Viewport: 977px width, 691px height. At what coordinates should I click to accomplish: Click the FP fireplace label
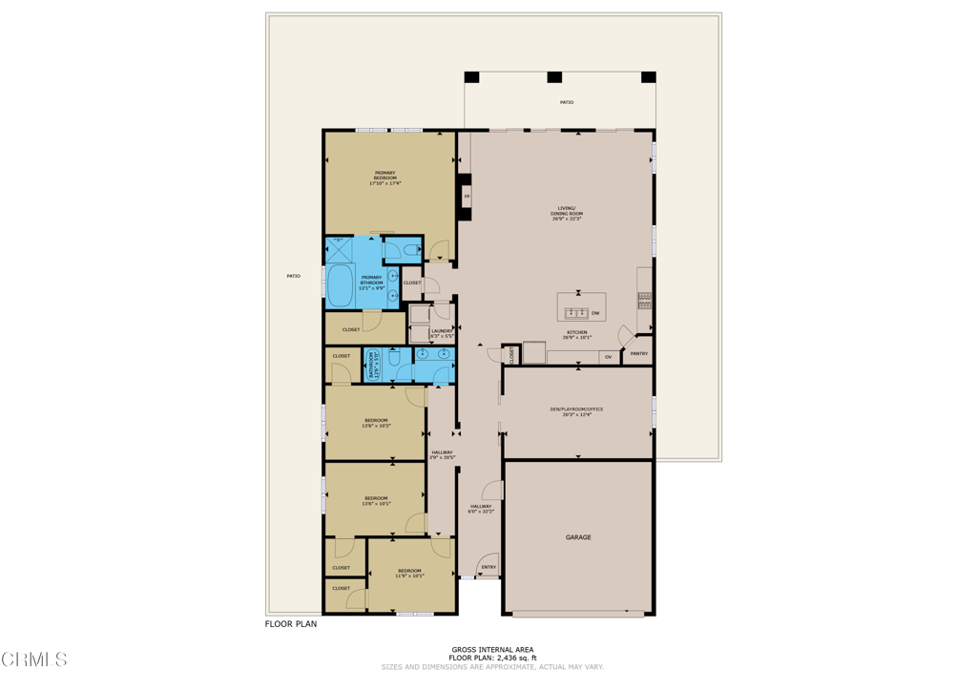[467, 198]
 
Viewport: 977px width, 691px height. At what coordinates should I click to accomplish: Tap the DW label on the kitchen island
[595, 313]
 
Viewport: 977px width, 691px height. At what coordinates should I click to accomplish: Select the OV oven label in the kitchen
[608, 357]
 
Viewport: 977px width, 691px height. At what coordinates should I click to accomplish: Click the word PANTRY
[638, 354]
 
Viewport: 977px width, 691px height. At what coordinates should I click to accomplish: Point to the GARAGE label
[578, 537]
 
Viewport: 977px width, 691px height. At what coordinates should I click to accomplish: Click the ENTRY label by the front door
[488, 567]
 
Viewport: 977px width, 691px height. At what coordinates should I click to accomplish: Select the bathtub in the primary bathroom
[341, 285]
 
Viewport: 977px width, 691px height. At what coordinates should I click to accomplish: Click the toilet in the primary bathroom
[408, 251]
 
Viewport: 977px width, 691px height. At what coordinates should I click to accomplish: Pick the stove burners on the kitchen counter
[645, 301]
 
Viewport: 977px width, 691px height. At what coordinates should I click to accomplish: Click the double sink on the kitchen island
[576, 313]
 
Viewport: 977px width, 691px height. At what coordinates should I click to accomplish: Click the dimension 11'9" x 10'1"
[410, 576]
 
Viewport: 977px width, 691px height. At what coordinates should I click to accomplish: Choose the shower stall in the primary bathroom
[340, 250]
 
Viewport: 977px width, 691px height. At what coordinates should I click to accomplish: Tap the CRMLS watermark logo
[35, 659]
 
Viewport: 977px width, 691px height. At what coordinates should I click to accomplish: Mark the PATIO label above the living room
[567, 102]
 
